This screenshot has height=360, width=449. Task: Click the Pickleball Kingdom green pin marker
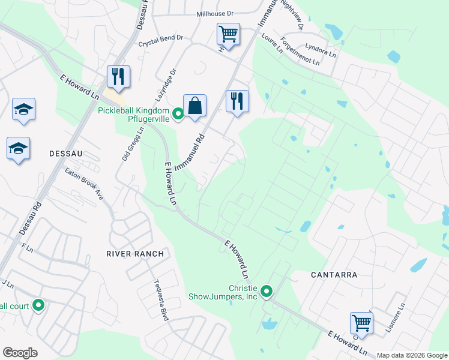178,113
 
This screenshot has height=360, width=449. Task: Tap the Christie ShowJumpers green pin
267,292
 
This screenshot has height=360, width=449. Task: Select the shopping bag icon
194,106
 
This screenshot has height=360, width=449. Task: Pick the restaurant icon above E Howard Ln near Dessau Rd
118,76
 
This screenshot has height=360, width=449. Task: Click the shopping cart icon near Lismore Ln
362,323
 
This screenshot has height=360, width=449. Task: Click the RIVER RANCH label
135,254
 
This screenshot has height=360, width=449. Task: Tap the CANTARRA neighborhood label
334,275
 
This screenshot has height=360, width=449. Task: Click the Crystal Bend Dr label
160,41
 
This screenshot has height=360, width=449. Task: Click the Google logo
20,353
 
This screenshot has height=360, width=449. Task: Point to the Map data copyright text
411,355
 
